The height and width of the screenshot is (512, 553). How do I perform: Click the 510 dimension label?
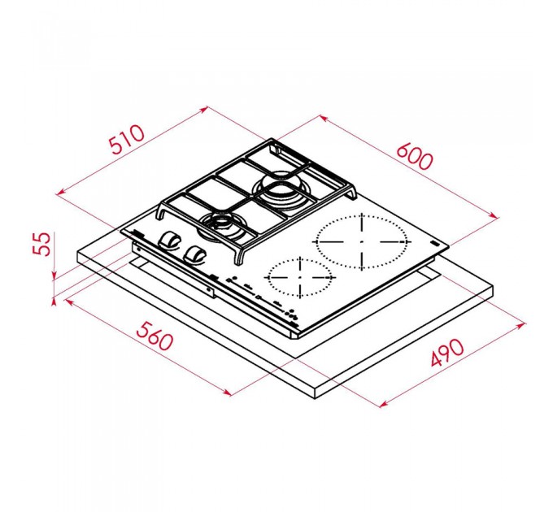[127, 139]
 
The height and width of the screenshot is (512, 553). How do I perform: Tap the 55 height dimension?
[42, 243]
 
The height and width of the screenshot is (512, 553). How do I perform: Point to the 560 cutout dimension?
[155, 336]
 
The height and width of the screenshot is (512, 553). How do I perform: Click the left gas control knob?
[168, 241]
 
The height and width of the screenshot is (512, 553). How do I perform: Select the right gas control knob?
[194, 254]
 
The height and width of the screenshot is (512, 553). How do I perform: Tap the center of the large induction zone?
[362, 241]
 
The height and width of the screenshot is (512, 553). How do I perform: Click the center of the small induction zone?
[300, 278]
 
